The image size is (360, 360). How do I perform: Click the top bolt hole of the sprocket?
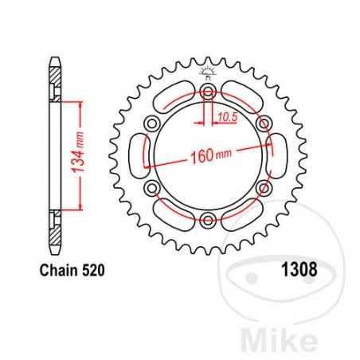(x=208, y=94)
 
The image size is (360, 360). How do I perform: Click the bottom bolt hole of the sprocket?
(x=208, y=220)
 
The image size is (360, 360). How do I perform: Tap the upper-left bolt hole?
(x=153, y=125)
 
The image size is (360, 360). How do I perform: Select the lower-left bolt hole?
(x=153, y=189)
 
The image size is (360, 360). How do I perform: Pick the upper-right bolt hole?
(x=263, y=125)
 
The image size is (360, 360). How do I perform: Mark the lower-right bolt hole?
(x=263, y=189)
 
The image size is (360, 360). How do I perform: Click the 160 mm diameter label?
(x=209, y=155)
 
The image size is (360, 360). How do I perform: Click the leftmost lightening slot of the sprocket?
(x=138, y=157)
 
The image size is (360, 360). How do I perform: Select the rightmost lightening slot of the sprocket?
(x=279, y=157)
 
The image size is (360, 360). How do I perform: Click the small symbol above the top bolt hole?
(x=208, y=72)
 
